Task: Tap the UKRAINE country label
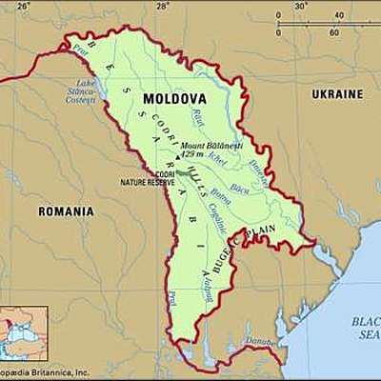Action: pyautogui.click(x=336, y=94)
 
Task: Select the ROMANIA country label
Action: pyautogui.click(x=66, y=211)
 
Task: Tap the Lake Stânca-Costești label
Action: pyautogui.click(x=80, y=91)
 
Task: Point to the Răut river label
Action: pyautogui.click(x=198, y=117)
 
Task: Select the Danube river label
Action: pyautogui.click(x=258, y=340)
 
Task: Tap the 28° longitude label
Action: pyautogui.click(x=163, y=7)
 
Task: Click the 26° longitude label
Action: pyautogui.click(x=23, y=7)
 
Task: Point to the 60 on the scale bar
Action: pyautogui.click(x=333, y=32)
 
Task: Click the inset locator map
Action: pyautogui.click(x=24, y=333)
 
